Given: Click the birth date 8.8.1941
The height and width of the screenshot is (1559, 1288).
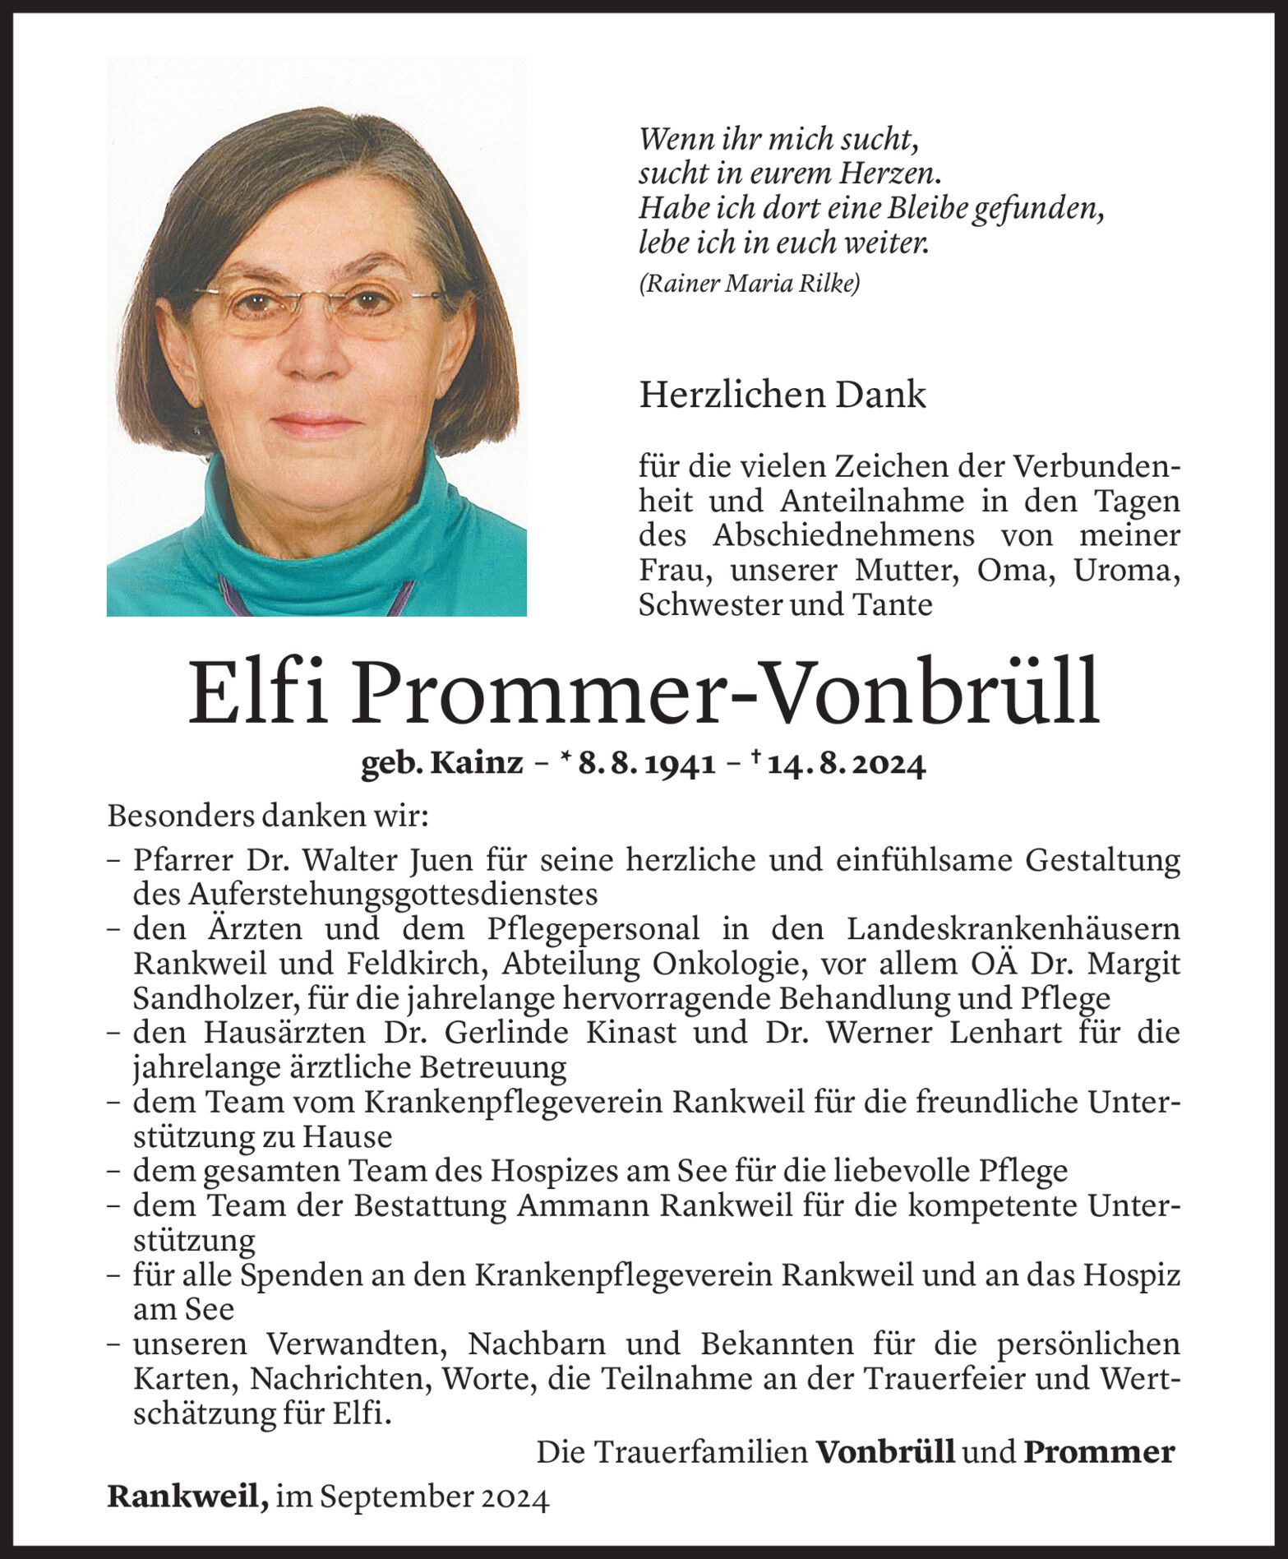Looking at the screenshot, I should coord(646,765).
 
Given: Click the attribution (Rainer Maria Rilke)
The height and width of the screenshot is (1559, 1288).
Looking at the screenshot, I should coord(749,285).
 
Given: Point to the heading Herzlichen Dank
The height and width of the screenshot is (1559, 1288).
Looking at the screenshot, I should coord(782,396).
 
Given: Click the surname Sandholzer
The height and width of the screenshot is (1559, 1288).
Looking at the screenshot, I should coord(215,998).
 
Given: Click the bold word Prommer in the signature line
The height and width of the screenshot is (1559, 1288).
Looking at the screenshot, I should coord(1098,1453).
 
